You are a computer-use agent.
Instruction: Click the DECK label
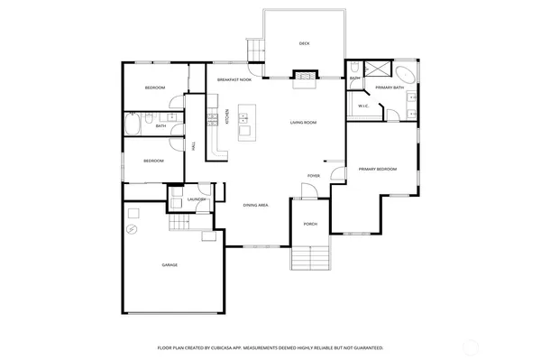click(304, 43)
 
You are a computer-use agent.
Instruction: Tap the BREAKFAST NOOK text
click(234, 80)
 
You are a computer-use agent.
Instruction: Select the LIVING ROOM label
click(303, 122)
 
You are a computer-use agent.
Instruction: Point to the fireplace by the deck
click(304, 77)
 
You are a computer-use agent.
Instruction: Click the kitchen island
click(244, 132)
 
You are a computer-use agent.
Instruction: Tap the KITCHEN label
click(227, 115)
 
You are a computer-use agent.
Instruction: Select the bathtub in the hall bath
click(134, 125)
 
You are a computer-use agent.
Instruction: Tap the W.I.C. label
click(364, 106)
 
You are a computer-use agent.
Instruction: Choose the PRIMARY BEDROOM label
click(377, 169)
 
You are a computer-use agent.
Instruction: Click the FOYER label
click(314, 176)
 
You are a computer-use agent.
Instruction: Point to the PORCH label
click(309, 224)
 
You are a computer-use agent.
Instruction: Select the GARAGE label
click(169, 265)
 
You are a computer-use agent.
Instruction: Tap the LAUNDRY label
click(197, 199)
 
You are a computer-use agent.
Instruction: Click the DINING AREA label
click(255, 206)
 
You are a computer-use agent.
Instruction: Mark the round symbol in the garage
click(132, 230)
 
